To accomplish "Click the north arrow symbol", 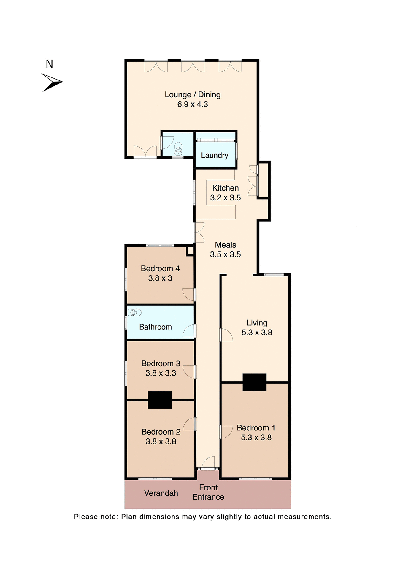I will click(x=52, y=82).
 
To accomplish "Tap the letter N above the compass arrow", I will click(x=49, y=64).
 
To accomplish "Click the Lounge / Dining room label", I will click(x=193, y=95).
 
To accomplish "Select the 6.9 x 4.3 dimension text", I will click(x=193, y=104).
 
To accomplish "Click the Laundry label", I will click(x=215, y=155).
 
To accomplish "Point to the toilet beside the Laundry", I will click(x=178, y=148).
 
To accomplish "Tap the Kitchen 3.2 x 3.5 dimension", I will click(x=225, y=198).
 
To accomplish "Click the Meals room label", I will click(x=225, y=245).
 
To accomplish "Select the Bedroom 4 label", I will click(x=160, y=269).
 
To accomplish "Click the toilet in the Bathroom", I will click(x=135, y=312).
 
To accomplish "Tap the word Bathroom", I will click(x=155, y=327).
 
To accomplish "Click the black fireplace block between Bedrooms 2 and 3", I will click(x=160, y=400).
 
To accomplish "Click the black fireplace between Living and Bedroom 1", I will click(x=254, y=382).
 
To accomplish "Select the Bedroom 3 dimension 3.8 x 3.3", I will click(x=161, y=373).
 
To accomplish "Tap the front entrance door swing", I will click(x=209, y=462).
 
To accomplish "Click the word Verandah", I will click(x=161, y=493).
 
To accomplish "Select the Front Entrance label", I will click(x=208, y=492).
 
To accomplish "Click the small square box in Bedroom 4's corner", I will click(x=190, y=251).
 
